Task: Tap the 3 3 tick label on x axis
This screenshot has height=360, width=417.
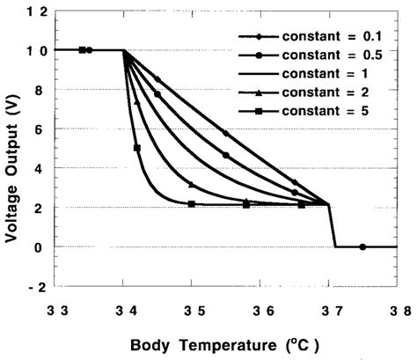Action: click(55, 310)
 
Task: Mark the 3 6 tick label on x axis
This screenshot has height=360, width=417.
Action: click(262, 310)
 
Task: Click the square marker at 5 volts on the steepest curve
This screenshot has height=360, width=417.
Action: click(137, 148)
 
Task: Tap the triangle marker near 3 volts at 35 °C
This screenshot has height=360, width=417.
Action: click(192, 184)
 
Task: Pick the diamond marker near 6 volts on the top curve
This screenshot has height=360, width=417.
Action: click(226, 133)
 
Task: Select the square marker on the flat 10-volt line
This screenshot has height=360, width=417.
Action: click(82, 50)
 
